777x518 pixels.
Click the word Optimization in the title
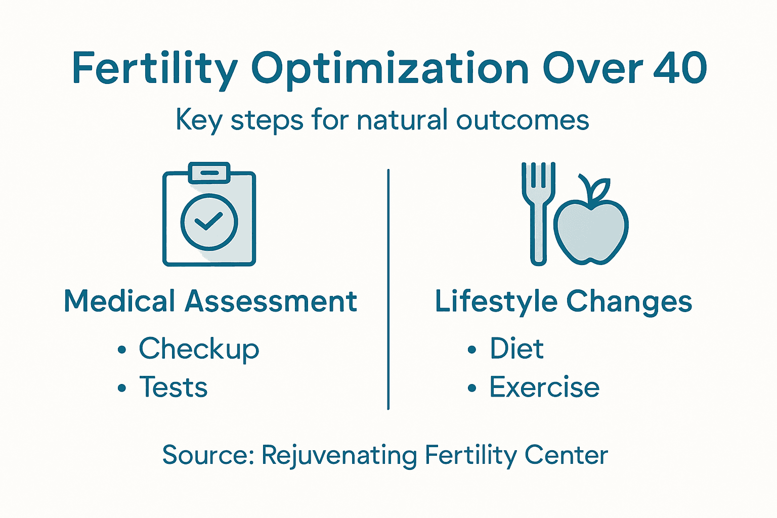(390, 69)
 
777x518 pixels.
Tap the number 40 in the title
(680, 68)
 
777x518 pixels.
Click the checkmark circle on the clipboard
(209, 222)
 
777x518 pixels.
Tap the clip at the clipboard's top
(209, 172)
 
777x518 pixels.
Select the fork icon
(539, 212)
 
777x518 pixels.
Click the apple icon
(591, 230)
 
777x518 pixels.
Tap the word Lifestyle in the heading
(496, 302)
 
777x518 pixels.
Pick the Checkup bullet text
(199, 349)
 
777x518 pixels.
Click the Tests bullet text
(173, 387)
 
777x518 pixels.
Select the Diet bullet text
(516, 349)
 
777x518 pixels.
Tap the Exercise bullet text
(544, 387)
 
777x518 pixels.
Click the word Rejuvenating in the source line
(339, 455)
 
